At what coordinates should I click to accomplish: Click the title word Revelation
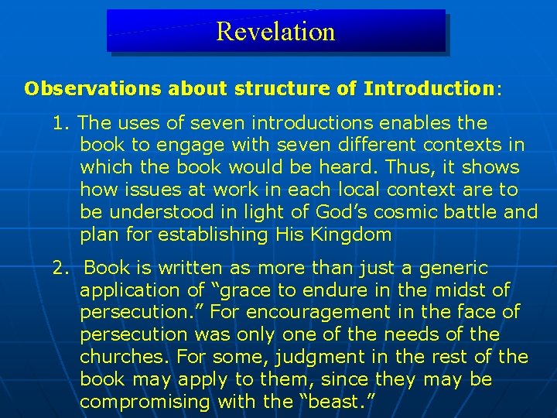(x=275, y=32)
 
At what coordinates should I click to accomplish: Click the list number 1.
(x=60, y=123)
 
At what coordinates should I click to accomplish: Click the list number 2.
(x=60, y=269)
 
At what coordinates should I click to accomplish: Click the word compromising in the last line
(x=145, y=403)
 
